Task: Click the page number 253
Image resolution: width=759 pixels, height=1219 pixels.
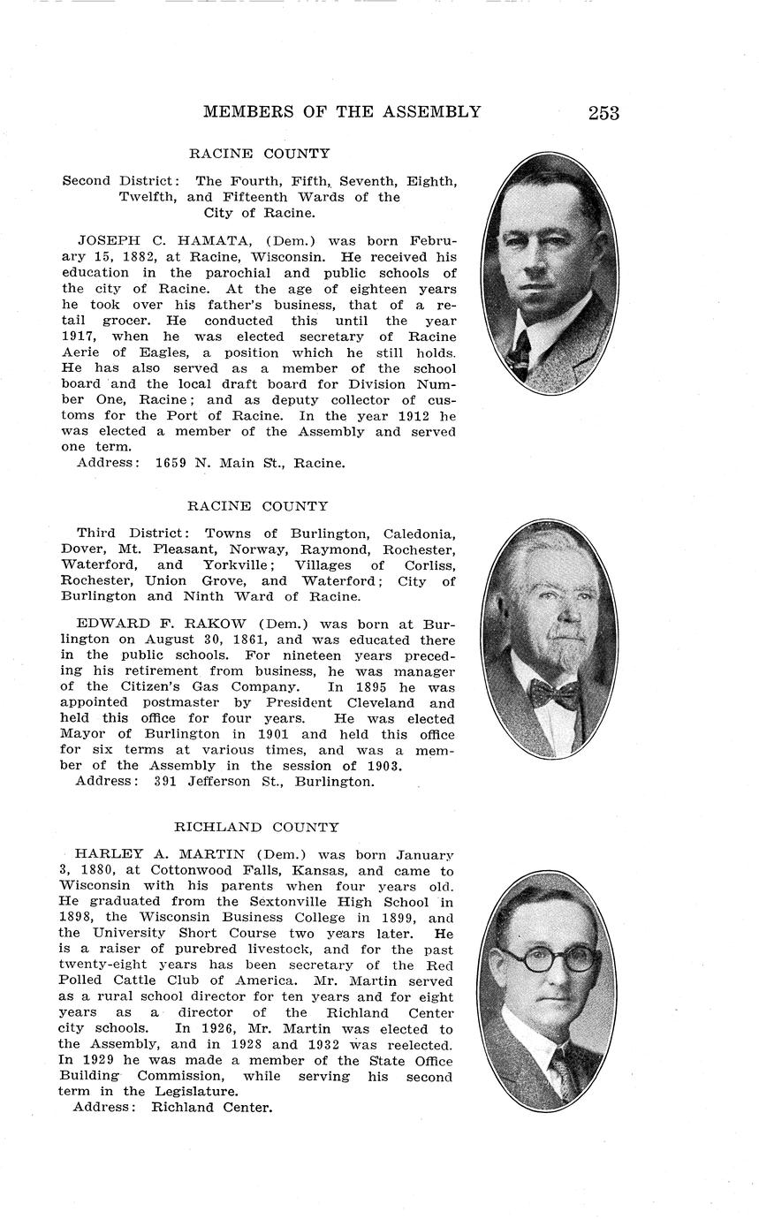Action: pyautogui.click(x=603, y=113)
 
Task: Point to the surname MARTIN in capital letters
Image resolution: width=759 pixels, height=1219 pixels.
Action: pyautogui.click(x=211, y=855)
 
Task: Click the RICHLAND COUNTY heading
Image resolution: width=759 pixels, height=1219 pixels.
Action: pyautogui.click(x=256, y=828)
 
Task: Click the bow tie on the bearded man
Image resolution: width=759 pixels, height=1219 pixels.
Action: pyautogui.click(x=554, y=693)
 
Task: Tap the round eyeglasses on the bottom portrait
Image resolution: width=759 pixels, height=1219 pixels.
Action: pyautogui.click(x=549, y=958)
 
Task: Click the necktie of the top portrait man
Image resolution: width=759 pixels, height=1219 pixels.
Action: pyautogui.click(x=519, y=352)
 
